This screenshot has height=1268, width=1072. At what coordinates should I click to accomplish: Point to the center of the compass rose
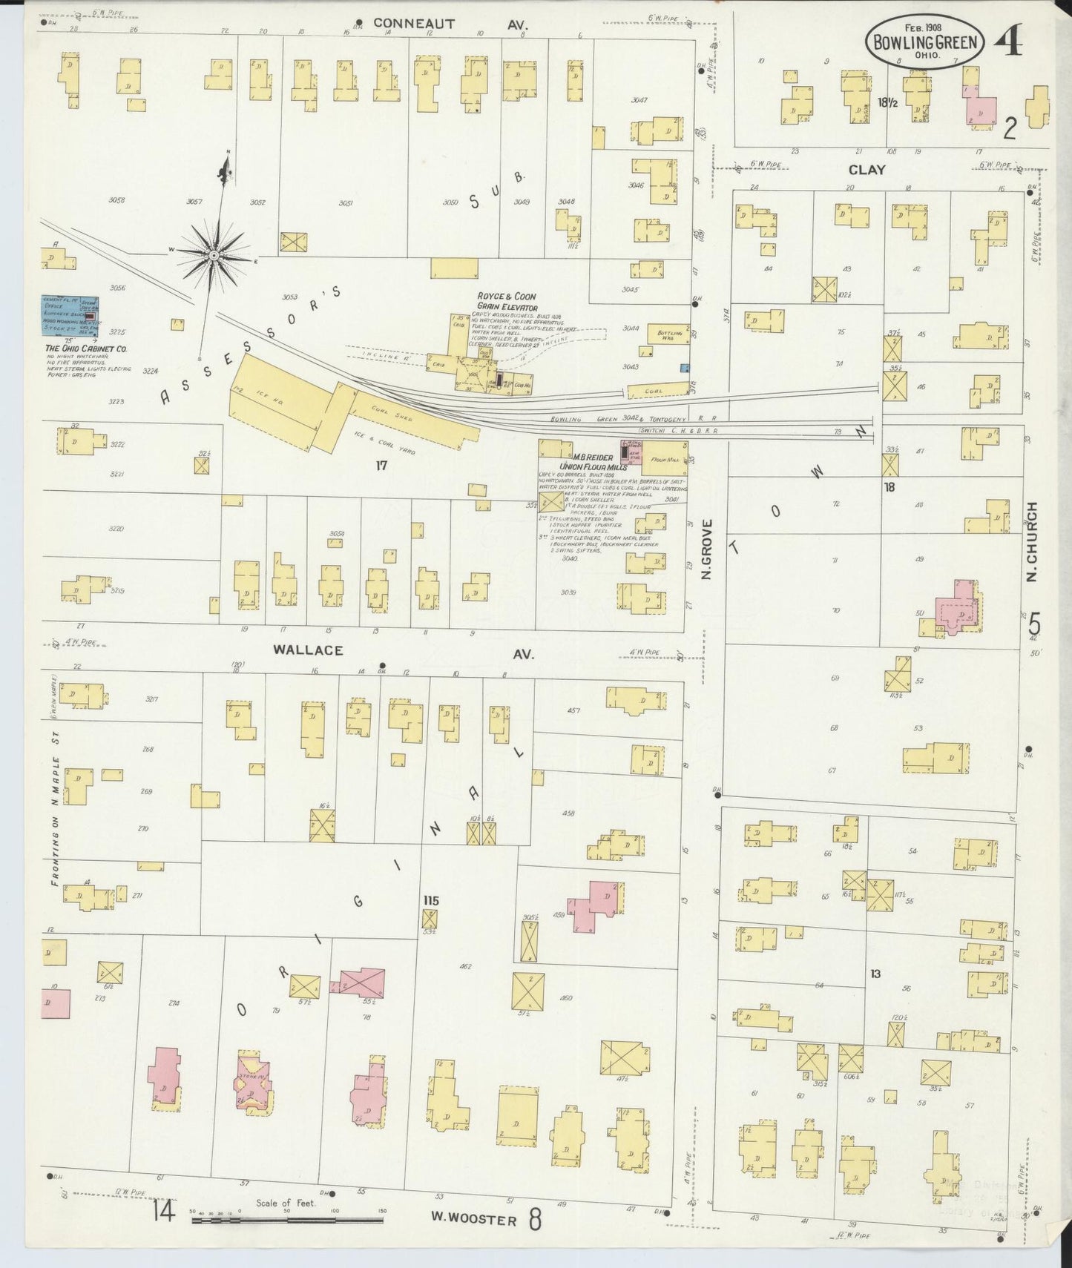(214, 255)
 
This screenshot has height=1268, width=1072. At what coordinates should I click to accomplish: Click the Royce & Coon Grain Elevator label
(507, 300)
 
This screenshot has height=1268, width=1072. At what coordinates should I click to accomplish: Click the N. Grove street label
(707, 549)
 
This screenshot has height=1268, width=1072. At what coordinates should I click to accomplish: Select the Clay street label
(867, 170)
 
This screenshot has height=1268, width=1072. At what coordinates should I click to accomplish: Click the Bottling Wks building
(669, 334)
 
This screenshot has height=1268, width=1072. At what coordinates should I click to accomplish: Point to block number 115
(430, 900)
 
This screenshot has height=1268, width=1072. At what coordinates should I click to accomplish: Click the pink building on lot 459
(596, 901)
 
